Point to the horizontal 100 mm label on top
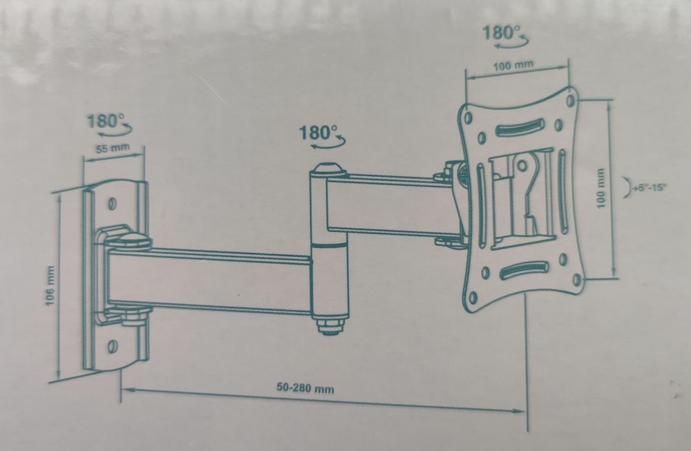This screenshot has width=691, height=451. tap(513, 65)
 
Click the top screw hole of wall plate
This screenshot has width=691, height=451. tap(113, 204)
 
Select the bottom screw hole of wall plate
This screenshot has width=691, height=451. tap(113, 344)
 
